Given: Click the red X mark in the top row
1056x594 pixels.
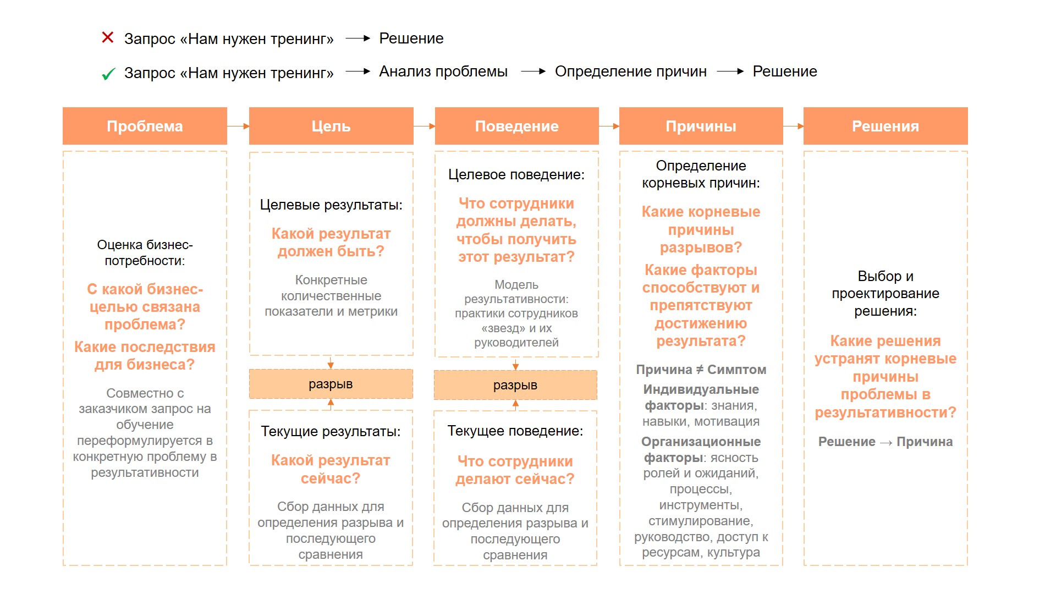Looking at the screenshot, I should pos(108,37).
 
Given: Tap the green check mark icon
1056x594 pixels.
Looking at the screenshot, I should pos(108,74).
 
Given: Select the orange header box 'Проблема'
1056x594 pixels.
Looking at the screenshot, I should pos(145,126).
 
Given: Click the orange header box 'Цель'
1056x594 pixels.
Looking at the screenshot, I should pos(331,126).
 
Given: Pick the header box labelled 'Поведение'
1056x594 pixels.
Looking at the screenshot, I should pos(516,126).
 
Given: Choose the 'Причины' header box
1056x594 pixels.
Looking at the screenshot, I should pos(701,126).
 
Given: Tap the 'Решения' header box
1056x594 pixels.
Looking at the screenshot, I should pos(886,126).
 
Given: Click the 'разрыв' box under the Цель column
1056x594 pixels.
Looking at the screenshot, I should pos(331,384).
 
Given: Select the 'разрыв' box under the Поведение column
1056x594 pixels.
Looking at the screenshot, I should pos(515,385).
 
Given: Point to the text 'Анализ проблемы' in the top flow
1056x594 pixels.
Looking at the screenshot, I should pos(443,71).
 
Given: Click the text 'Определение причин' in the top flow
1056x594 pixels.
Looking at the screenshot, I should pos(630,71).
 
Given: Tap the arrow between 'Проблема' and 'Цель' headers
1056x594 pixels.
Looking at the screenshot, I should pos(238,126).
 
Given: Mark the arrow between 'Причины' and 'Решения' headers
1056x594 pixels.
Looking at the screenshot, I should pos(793,126).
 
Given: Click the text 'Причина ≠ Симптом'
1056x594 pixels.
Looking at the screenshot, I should pos(701,370).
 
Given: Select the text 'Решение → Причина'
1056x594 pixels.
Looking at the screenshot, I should pos(885,442).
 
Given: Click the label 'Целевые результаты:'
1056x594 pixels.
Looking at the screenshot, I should pos(331,205).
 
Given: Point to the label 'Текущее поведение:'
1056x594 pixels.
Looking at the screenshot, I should pos(515,431).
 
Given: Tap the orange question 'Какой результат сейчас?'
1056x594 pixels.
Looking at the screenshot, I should pos(331,469).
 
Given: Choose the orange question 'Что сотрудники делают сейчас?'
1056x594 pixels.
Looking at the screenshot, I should pos(515,470).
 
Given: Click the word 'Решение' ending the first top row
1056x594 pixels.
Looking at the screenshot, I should pos(411,38).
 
